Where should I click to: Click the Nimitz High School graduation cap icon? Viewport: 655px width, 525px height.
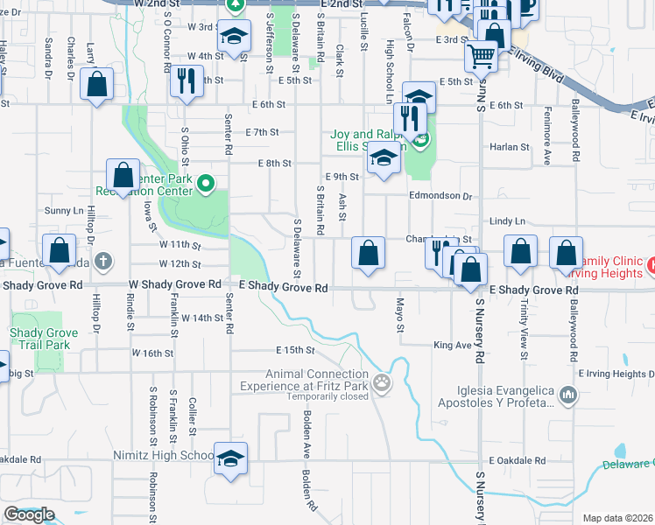[230, 458]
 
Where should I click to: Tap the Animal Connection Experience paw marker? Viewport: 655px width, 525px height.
[381, 382]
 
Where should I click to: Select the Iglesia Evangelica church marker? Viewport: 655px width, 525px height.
[568, 396]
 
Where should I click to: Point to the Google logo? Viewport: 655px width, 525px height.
[29, 514]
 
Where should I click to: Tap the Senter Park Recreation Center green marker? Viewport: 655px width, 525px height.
[206, 183]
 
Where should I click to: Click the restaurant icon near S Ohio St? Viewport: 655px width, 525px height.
[186, 81]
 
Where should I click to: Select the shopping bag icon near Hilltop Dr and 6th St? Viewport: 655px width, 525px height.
[97, 84]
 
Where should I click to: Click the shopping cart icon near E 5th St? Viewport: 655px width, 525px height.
[481, 56]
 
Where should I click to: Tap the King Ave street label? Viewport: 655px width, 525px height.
[452, 346]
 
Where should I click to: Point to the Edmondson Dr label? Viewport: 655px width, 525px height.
[440, 196]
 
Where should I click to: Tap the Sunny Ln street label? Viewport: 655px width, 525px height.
[64, 211]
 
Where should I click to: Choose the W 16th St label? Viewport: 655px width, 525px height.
[153, 353]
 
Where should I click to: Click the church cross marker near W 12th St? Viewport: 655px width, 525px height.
[103, 260]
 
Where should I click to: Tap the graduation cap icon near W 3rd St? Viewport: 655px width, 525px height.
[234, 36]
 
